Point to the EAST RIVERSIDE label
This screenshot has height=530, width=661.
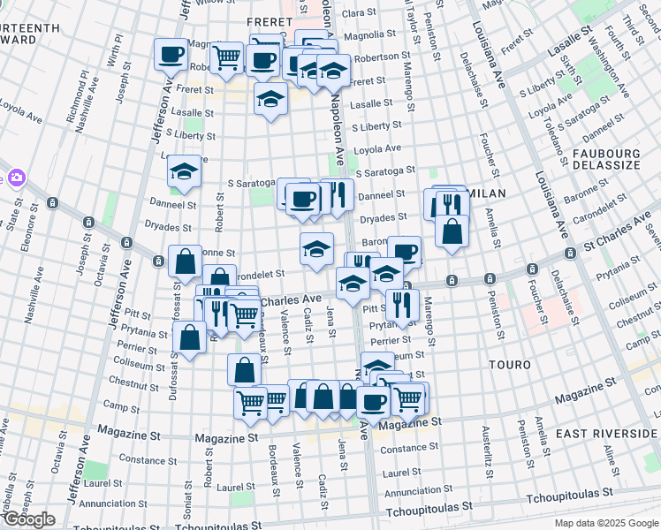click(x=605, y=434)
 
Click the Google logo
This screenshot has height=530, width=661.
click(x=28, y=519)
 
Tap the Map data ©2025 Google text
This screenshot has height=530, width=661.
click(x=606, y=523)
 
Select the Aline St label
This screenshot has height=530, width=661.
click(x=608, y=462)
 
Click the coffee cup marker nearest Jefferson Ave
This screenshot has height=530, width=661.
click(x=171, y=54)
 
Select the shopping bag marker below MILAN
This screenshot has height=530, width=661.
click(x=452, y=231)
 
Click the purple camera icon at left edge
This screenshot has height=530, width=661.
click(x=14, y=178)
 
